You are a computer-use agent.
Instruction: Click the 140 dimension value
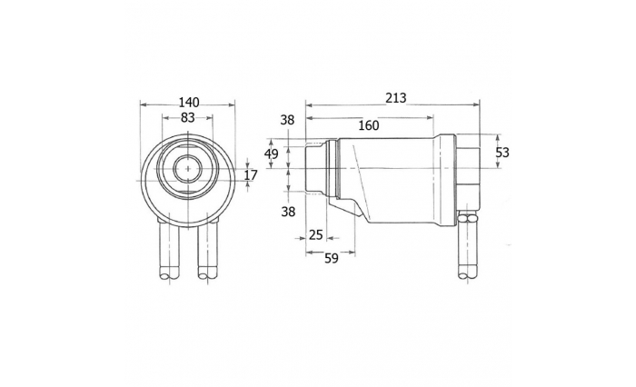coord(188,102)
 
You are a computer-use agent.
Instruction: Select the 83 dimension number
coord(187,117)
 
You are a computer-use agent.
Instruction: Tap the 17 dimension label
coord(251,175)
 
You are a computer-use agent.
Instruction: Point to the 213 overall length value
coord(395,98)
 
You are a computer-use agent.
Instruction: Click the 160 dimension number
coord(369,125)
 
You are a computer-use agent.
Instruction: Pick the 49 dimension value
coord(272,154)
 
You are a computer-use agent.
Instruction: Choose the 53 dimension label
coord(502,153)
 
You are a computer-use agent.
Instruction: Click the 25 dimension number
coord(315,235)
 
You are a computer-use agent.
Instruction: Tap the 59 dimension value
coord(332,258)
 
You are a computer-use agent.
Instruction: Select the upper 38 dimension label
coord(288,120)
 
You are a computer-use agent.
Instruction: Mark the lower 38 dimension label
coord(288,212)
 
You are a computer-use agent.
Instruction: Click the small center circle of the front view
coord(188,168)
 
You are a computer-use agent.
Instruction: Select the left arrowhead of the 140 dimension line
coord(144,105)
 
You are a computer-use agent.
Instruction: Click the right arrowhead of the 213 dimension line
coord(476,105)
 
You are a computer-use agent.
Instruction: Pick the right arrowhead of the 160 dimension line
coord(430,118)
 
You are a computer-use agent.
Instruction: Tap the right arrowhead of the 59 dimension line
coord(352,252)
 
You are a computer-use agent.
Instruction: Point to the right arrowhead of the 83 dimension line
coord(210,118)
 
